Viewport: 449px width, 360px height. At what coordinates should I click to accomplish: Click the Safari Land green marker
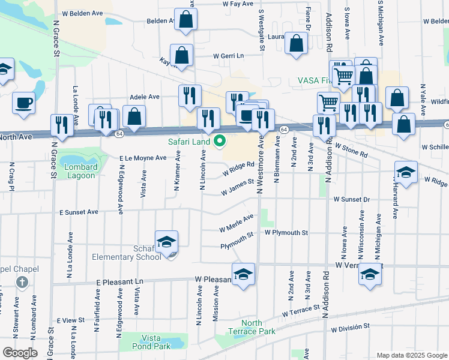(220, 142)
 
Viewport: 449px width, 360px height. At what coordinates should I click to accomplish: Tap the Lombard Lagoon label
(77, 171)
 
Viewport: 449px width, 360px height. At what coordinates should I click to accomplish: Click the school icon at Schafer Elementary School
(166, 241)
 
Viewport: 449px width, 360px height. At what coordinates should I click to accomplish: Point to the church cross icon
(22, 282)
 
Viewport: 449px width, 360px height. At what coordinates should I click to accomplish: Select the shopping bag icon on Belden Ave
(186, 19)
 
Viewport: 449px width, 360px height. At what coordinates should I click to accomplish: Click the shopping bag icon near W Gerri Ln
(181, 55)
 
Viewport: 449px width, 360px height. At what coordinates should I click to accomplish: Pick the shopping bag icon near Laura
(296, 43)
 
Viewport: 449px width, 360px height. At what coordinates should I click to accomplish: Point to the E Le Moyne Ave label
(142, 158)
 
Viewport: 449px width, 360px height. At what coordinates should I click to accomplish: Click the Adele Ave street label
(145, 97)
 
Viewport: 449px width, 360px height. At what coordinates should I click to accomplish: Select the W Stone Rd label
(351, 150)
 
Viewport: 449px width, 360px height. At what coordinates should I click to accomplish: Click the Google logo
(20, 353)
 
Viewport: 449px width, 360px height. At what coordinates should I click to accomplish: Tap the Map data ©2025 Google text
(411, 355)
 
